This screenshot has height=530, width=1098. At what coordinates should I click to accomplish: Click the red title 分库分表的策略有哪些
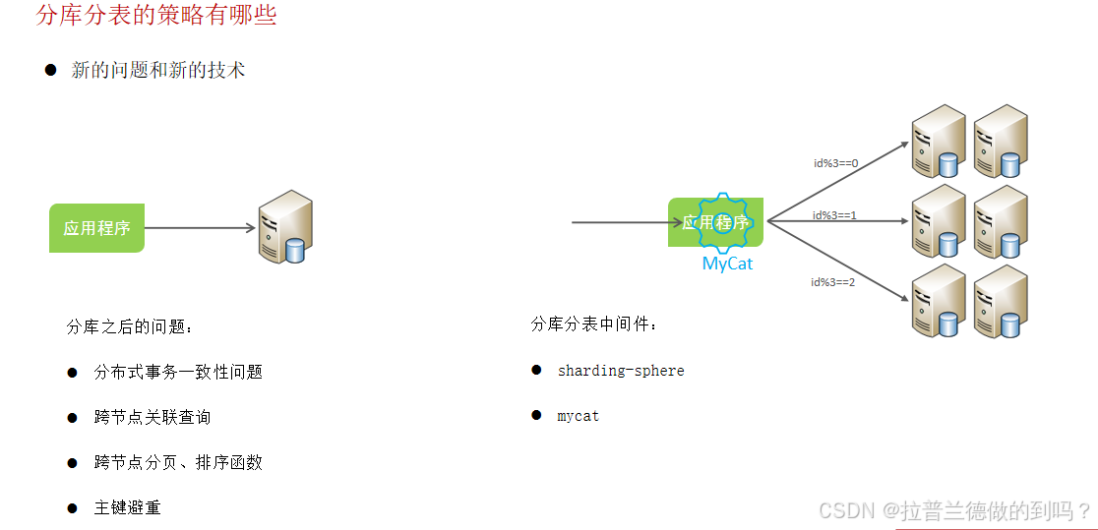coord(155,16)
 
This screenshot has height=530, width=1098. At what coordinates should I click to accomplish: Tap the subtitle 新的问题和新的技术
coord(157,70)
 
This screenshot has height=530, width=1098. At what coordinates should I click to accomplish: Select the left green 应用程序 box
coord(96,228)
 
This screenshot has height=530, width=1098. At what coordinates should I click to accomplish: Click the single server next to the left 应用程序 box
coord(285,227)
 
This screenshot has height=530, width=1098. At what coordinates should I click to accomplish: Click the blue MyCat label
coord(727,264)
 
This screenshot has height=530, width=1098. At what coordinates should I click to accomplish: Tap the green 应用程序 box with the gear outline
coord(715,222)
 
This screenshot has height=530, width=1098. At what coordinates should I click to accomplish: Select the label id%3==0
coord(835,163)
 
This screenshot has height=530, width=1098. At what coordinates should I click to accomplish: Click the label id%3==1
coord(834,214)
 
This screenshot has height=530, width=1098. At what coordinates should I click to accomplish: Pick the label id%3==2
coord(832,282)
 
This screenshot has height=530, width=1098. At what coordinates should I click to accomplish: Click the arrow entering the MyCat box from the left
coord(620,222)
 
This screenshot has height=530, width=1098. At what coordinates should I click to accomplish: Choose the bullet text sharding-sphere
coord(620,371)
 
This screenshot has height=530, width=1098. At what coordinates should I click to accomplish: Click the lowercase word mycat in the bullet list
coord(578,416)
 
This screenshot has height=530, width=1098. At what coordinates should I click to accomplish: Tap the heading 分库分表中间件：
coord(594,324)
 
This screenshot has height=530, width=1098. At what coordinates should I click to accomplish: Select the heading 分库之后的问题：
coord(130,327)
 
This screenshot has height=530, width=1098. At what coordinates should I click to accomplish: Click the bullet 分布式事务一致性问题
coord(178,372)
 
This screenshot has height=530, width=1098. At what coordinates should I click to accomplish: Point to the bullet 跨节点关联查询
coord(152,417)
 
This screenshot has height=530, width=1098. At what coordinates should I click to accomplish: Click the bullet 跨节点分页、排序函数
coord(178,462)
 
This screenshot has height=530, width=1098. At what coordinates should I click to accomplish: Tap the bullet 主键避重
coord(127,507)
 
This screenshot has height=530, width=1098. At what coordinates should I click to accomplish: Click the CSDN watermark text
coord(954,510)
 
